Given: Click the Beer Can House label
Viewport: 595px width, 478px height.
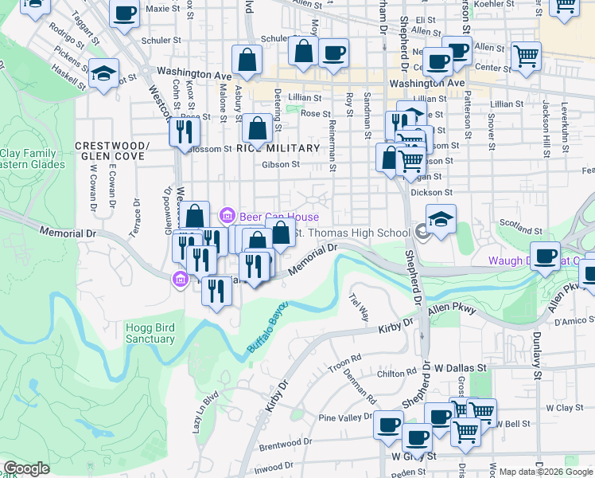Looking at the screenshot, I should [279, 217].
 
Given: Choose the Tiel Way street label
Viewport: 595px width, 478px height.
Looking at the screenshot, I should [359, 305].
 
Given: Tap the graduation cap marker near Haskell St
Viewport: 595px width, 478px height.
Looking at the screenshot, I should [103, 73].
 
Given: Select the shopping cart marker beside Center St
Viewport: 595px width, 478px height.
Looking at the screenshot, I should [526, 56].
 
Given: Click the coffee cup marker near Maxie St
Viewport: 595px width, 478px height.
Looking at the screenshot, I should [124, 14].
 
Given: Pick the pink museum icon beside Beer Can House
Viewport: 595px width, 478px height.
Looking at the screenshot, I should [228, 216].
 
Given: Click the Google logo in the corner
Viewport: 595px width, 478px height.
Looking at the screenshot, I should [26, 468].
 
